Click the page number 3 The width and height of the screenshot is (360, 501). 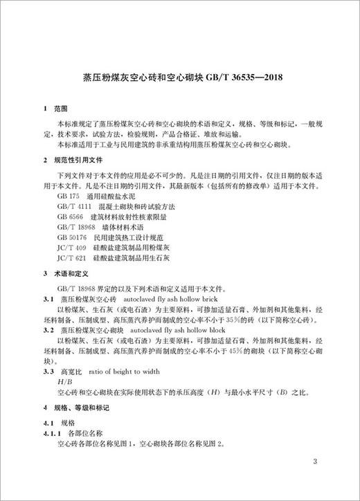click(314, 460)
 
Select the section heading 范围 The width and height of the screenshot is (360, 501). click(62, 109)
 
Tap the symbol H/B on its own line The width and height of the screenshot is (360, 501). click(66, 381)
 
